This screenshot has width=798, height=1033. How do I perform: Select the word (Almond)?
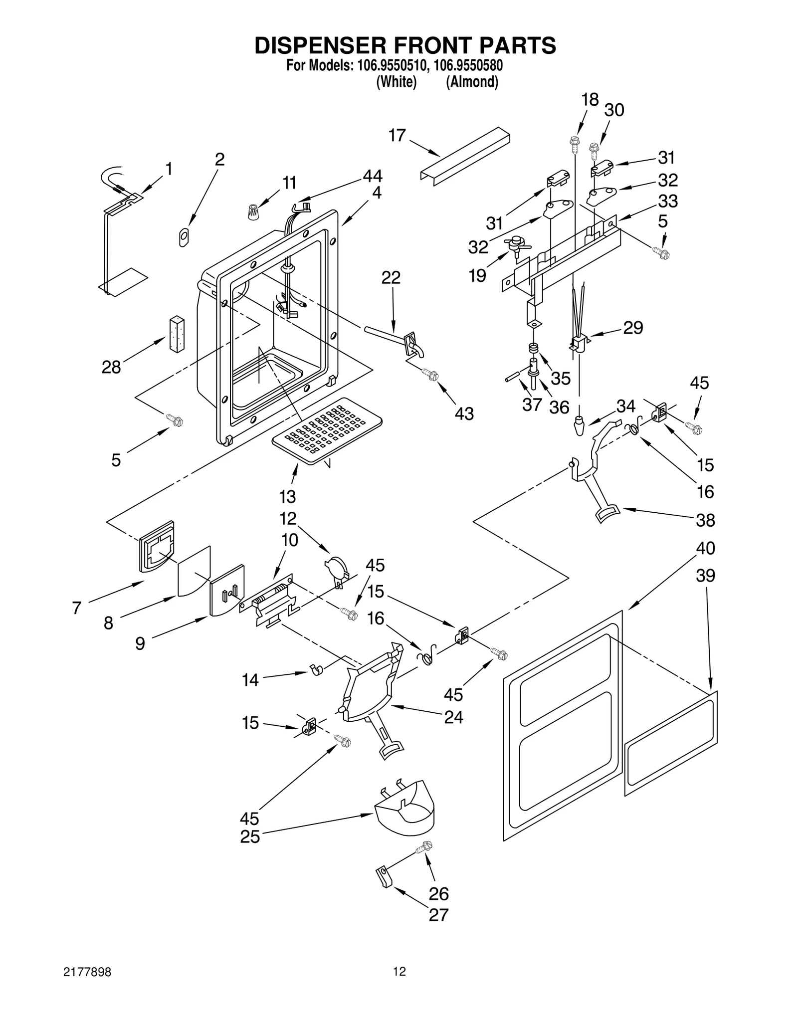pyautogui.click(x=472, y=82)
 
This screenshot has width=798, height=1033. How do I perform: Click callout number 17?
pyautogui.click(x=397, y=135)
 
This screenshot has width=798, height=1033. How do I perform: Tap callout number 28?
pyautogui.click(x=111, y=368)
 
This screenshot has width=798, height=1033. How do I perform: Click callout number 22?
pyautogui.click(x=391, y=278)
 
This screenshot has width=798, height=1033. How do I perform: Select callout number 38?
pyautogui.click(x=705, y=520)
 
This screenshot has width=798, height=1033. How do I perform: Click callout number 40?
pyautogui.click(x=705, y=548)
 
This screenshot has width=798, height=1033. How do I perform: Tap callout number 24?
pyautogui.click(x=453, y=717)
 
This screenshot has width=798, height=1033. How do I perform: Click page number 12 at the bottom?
pyautogui.click(x=399, y=972)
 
